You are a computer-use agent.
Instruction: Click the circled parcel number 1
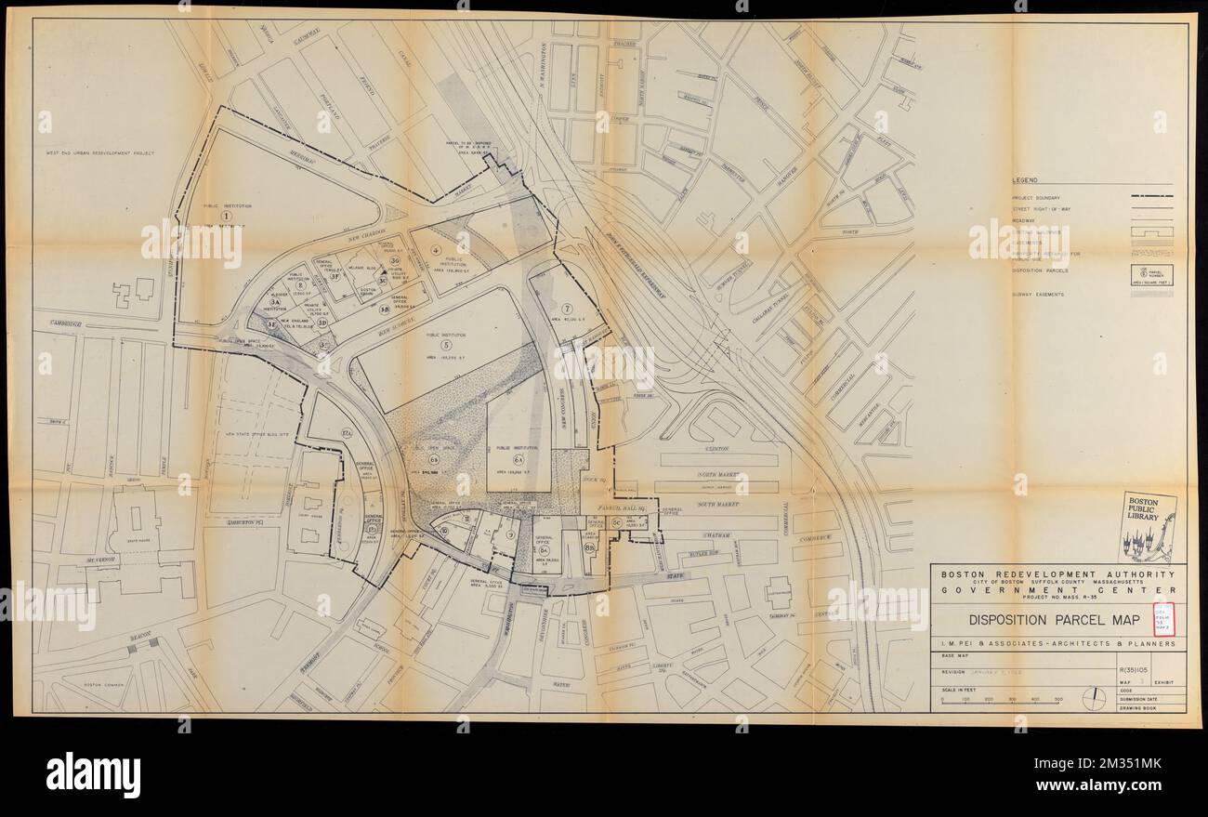pyautogui.click(x=225, y=216)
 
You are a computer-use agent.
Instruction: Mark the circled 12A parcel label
pyautogui.click(x=346, y=434)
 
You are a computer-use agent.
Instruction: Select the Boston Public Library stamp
pyautogui.click(x=1146, y=526)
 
